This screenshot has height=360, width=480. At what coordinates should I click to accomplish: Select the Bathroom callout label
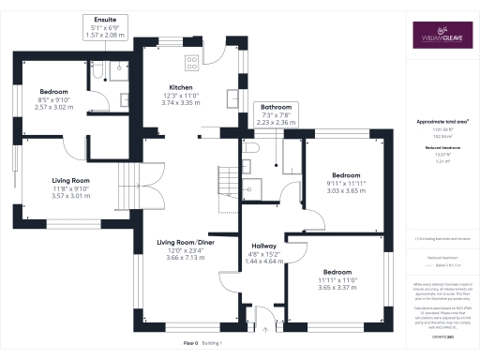point(276,114)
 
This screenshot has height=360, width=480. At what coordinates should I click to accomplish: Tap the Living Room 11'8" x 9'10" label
point(70,188)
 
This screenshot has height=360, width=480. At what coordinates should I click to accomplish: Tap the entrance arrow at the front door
point(265,328)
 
